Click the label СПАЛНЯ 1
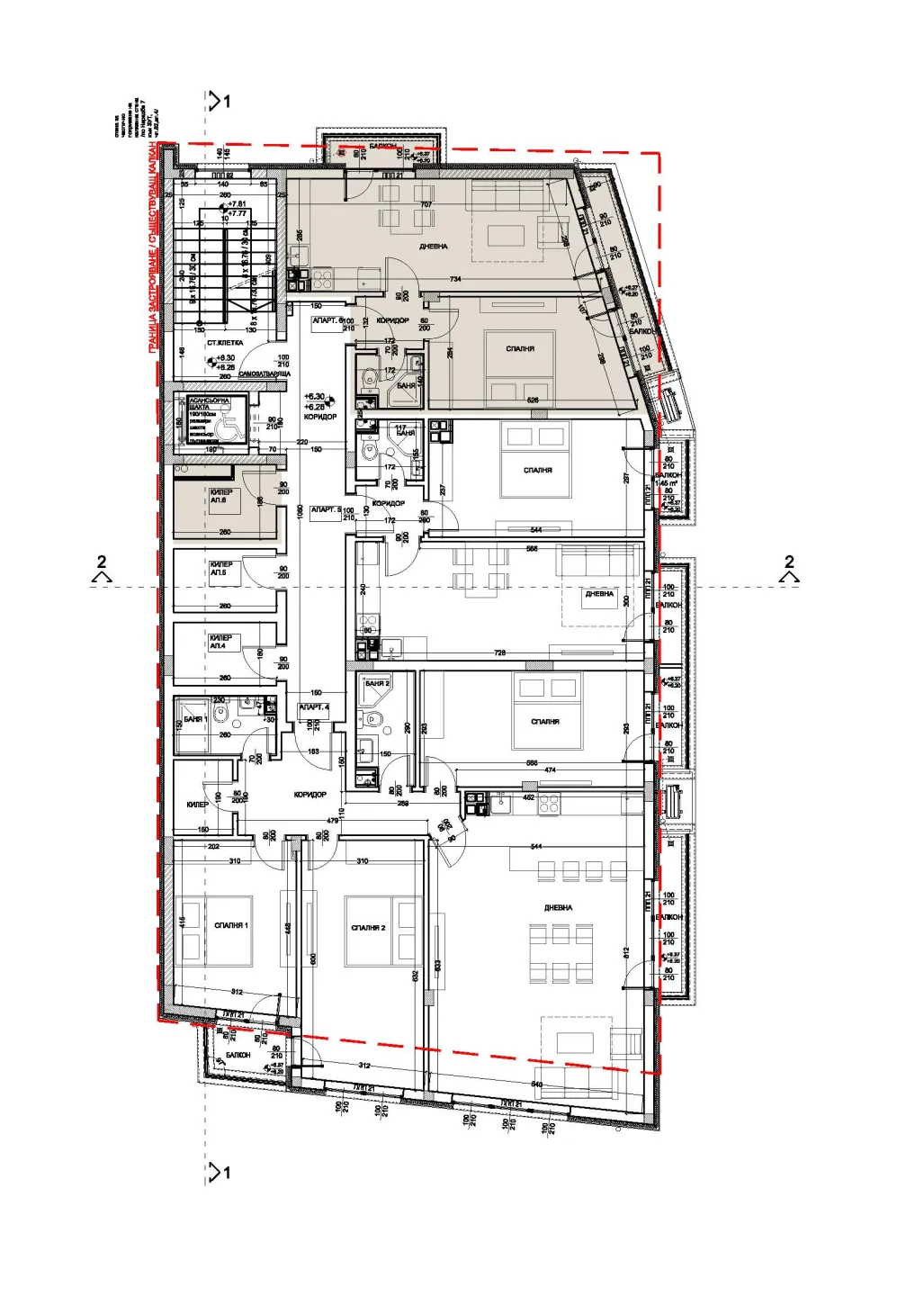click(231, 925)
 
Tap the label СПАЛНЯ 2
click(368, 928)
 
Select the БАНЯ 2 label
click(377, 684)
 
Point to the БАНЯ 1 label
click(195, 719)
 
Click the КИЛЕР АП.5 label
click(220, 569)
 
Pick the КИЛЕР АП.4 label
click(220, 642)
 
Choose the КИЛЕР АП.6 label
click(220, 496)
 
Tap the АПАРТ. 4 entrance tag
click(313, 707)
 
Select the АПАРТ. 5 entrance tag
click(326, 510)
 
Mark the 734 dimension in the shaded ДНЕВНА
click(455, 280)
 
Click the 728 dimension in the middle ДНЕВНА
click(500, 653)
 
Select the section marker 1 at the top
click(220, 102)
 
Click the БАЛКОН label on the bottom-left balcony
click(238, 1055)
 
